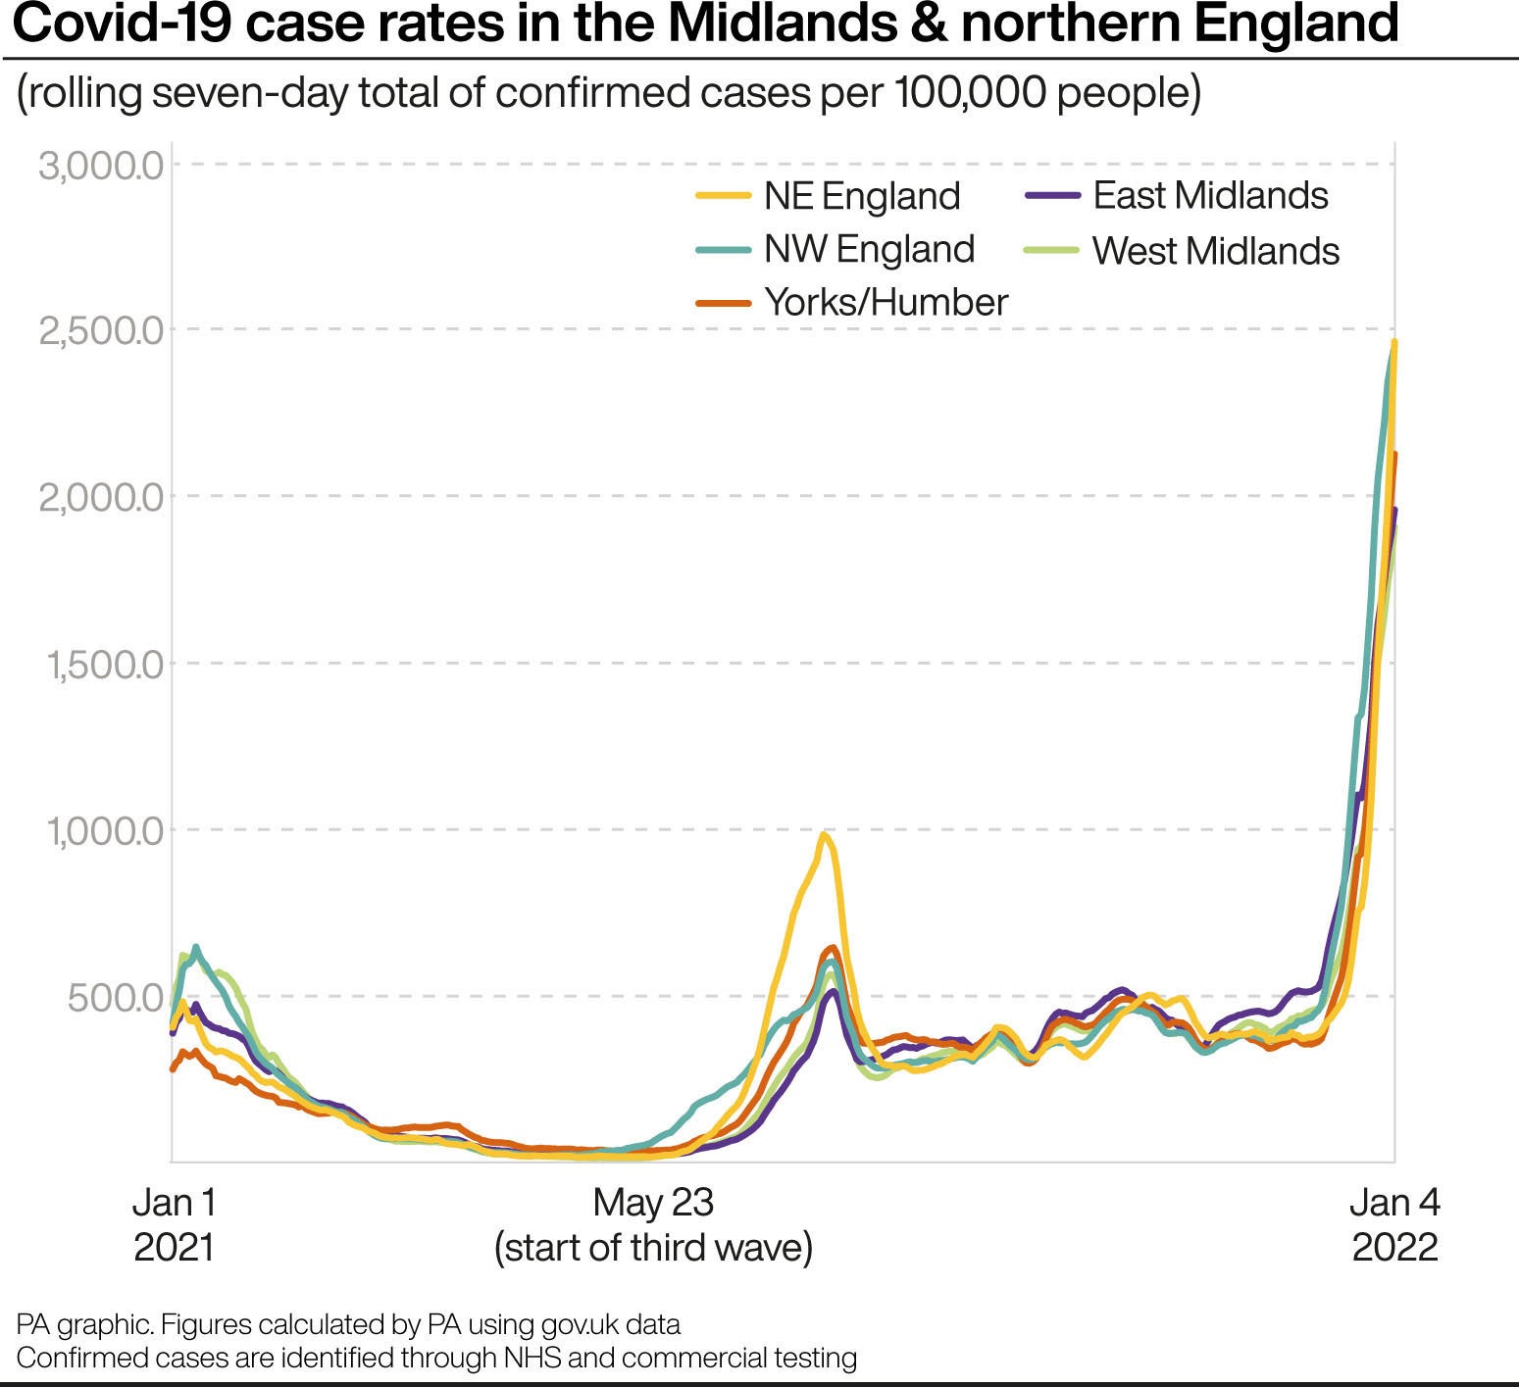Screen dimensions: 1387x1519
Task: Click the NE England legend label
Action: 862,196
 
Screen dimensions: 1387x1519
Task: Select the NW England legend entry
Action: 869,249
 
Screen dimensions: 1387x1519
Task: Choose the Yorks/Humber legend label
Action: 886,302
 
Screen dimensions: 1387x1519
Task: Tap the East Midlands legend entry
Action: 1210,195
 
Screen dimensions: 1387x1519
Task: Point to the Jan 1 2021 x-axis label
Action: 174,1224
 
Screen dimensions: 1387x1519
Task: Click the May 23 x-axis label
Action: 653,1203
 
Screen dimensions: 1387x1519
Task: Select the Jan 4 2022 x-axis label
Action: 1394,1224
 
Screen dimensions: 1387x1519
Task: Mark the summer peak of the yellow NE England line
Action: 825,835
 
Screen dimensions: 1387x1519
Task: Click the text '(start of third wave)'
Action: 653,1248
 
